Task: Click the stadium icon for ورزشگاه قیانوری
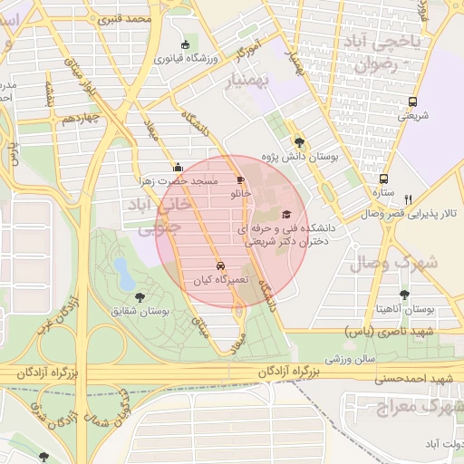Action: [x=186, y=44]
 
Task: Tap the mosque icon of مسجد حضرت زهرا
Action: [x=178, y=166]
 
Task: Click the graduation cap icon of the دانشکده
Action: [x=287, y=215]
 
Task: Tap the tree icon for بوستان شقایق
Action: [x=140, y=295]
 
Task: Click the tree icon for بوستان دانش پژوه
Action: [x=300, y=142]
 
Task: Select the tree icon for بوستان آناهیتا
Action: [x=403, y=295]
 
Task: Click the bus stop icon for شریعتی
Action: [x=413, y=101]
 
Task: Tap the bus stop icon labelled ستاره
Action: [x=383, y=179]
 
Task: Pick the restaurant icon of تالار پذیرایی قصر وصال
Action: [x=409, y=199]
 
